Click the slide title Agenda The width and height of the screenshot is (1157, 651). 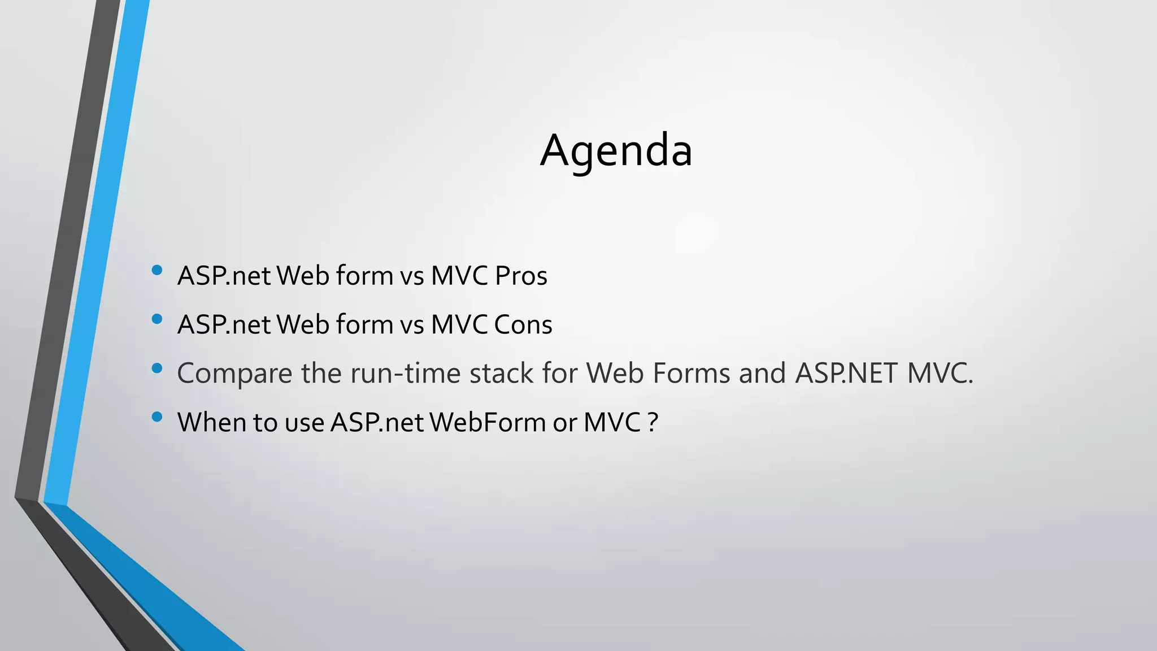pos(616,150)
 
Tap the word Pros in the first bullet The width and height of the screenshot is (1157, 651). pos(521,276)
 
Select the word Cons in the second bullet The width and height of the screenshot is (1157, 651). pos(523,325)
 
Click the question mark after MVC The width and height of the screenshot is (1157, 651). pos(653,422)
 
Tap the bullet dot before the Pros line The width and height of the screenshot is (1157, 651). pos(157,271)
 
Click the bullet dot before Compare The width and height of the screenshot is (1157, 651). pos(157,368)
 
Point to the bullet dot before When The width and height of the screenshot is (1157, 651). pos(157,418)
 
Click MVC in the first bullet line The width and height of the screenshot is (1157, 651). pos(459,276)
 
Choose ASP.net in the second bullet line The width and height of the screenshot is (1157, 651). pos(224,325)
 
